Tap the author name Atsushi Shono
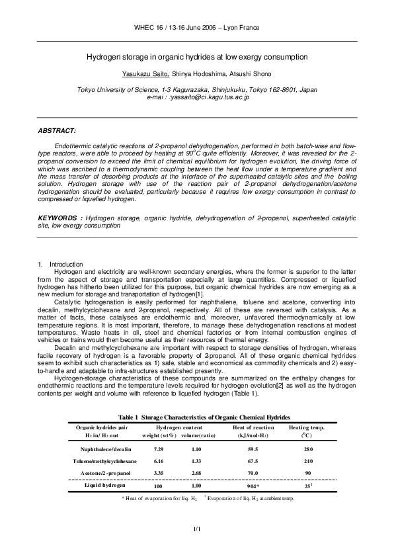coord(247,73)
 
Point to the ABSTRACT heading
coord(57,131)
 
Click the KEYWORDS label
coord(59,217)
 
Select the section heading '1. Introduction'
coord(60,265)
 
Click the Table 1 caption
coord(204,418)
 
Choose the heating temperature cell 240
coord(308,461)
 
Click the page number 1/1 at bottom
coord(196,529)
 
